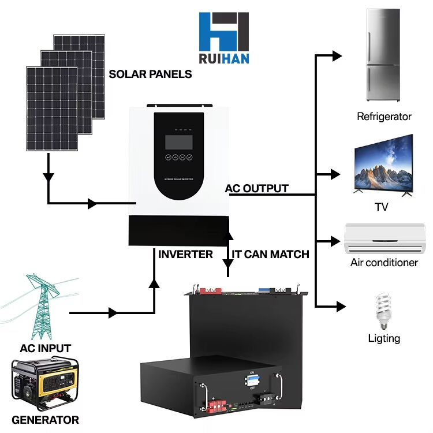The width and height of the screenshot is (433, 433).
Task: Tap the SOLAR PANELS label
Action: (x=150, y=74)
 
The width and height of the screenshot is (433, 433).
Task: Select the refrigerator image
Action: (x=383, y=55)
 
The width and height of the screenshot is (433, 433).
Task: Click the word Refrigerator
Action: (x=384, y=117)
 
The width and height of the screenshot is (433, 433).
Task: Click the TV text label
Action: (x=381, y=207)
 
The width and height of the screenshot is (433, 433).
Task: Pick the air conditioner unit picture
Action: (x=384, y=239)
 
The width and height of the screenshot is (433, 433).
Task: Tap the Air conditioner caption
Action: (x=384, y=263)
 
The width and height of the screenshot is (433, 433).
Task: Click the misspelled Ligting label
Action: (x=384, y=338)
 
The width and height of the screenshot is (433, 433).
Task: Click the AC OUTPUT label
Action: (x=256, y=189)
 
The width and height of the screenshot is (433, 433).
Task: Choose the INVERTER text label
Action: (x=185, y=254)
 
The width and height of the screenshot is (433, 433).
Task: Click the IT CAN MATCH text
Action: (x=270, y=254)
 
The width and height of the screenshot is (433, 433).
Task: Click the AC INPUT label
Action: (x=45, y=348)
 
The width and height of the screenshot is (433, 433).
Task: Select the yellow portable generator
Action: (x=45, y=383)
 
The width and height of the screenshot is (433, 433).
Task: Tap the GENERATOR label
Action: (x=45, y=420)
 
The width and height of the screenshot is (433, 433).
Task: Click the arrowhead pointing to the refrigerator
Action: (x=337, y=55)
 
